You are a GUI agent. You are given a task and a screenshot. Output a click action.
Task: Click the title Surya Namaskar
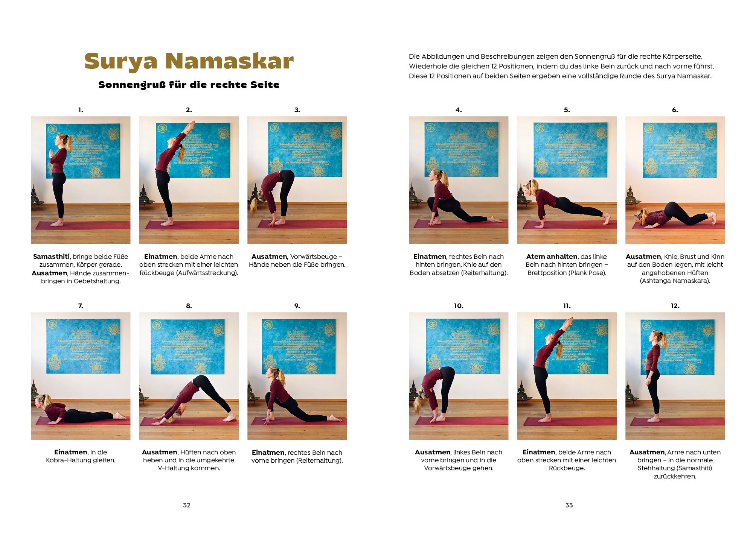pos(189,61)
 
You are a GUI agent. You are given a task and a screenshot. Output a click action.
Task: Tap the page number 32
pos(187,505)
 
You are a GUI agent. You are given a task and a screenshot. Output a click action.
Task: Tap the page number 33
pos(569,505)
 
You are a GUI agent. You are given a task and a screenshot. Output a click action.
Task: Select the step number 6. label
pos(675,110)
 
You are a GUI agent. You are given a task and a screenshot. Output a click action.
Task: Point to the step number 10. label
pos(458,306)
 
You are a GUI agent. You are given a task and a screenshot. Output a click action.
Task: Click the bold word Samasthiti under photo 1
pos(51,257)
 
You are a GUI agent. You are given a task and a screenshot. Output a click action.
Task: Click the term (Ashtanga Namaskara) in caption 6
pos(675,281)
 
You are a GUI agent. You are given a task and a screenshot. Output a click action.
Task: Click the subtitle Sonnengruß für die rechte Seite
pos(189,85)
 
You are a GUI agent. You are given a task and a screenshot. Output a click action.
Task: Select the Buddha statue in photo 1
pos(35,195)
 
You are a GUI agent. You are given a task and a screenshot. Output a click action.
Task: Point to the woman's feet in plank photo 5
pos(606,218)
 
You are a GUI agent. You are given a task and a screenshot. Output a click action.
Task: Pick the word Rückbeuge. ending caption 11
pos(567,468)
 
